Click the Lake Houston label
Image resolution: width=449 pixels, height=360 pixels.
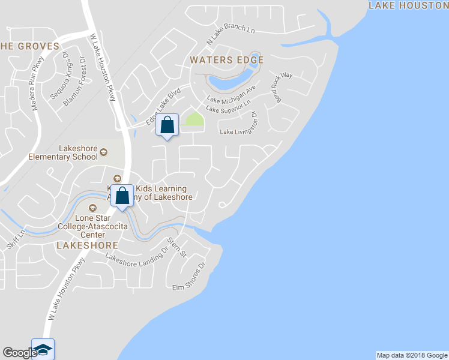click(x=408, y=5)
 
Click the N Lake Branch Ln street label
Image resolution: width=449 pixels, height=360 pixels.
click(x=231, y=36)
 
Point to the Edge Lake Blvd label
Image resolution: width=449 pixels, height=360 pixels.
click(x=163, y=107)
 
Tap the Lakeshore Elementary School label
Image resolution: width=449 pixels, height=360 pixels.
click(x=63, y=153)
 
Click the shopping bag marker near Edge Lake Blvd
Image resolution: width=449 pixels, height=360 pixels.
click(x=167, y=126)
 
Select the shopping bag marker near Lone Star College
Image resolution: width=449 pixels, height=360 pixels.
click(x=122, y=196)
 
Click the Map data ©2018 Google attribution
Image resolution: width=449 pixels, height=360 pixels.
click(x=412, y=355)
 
